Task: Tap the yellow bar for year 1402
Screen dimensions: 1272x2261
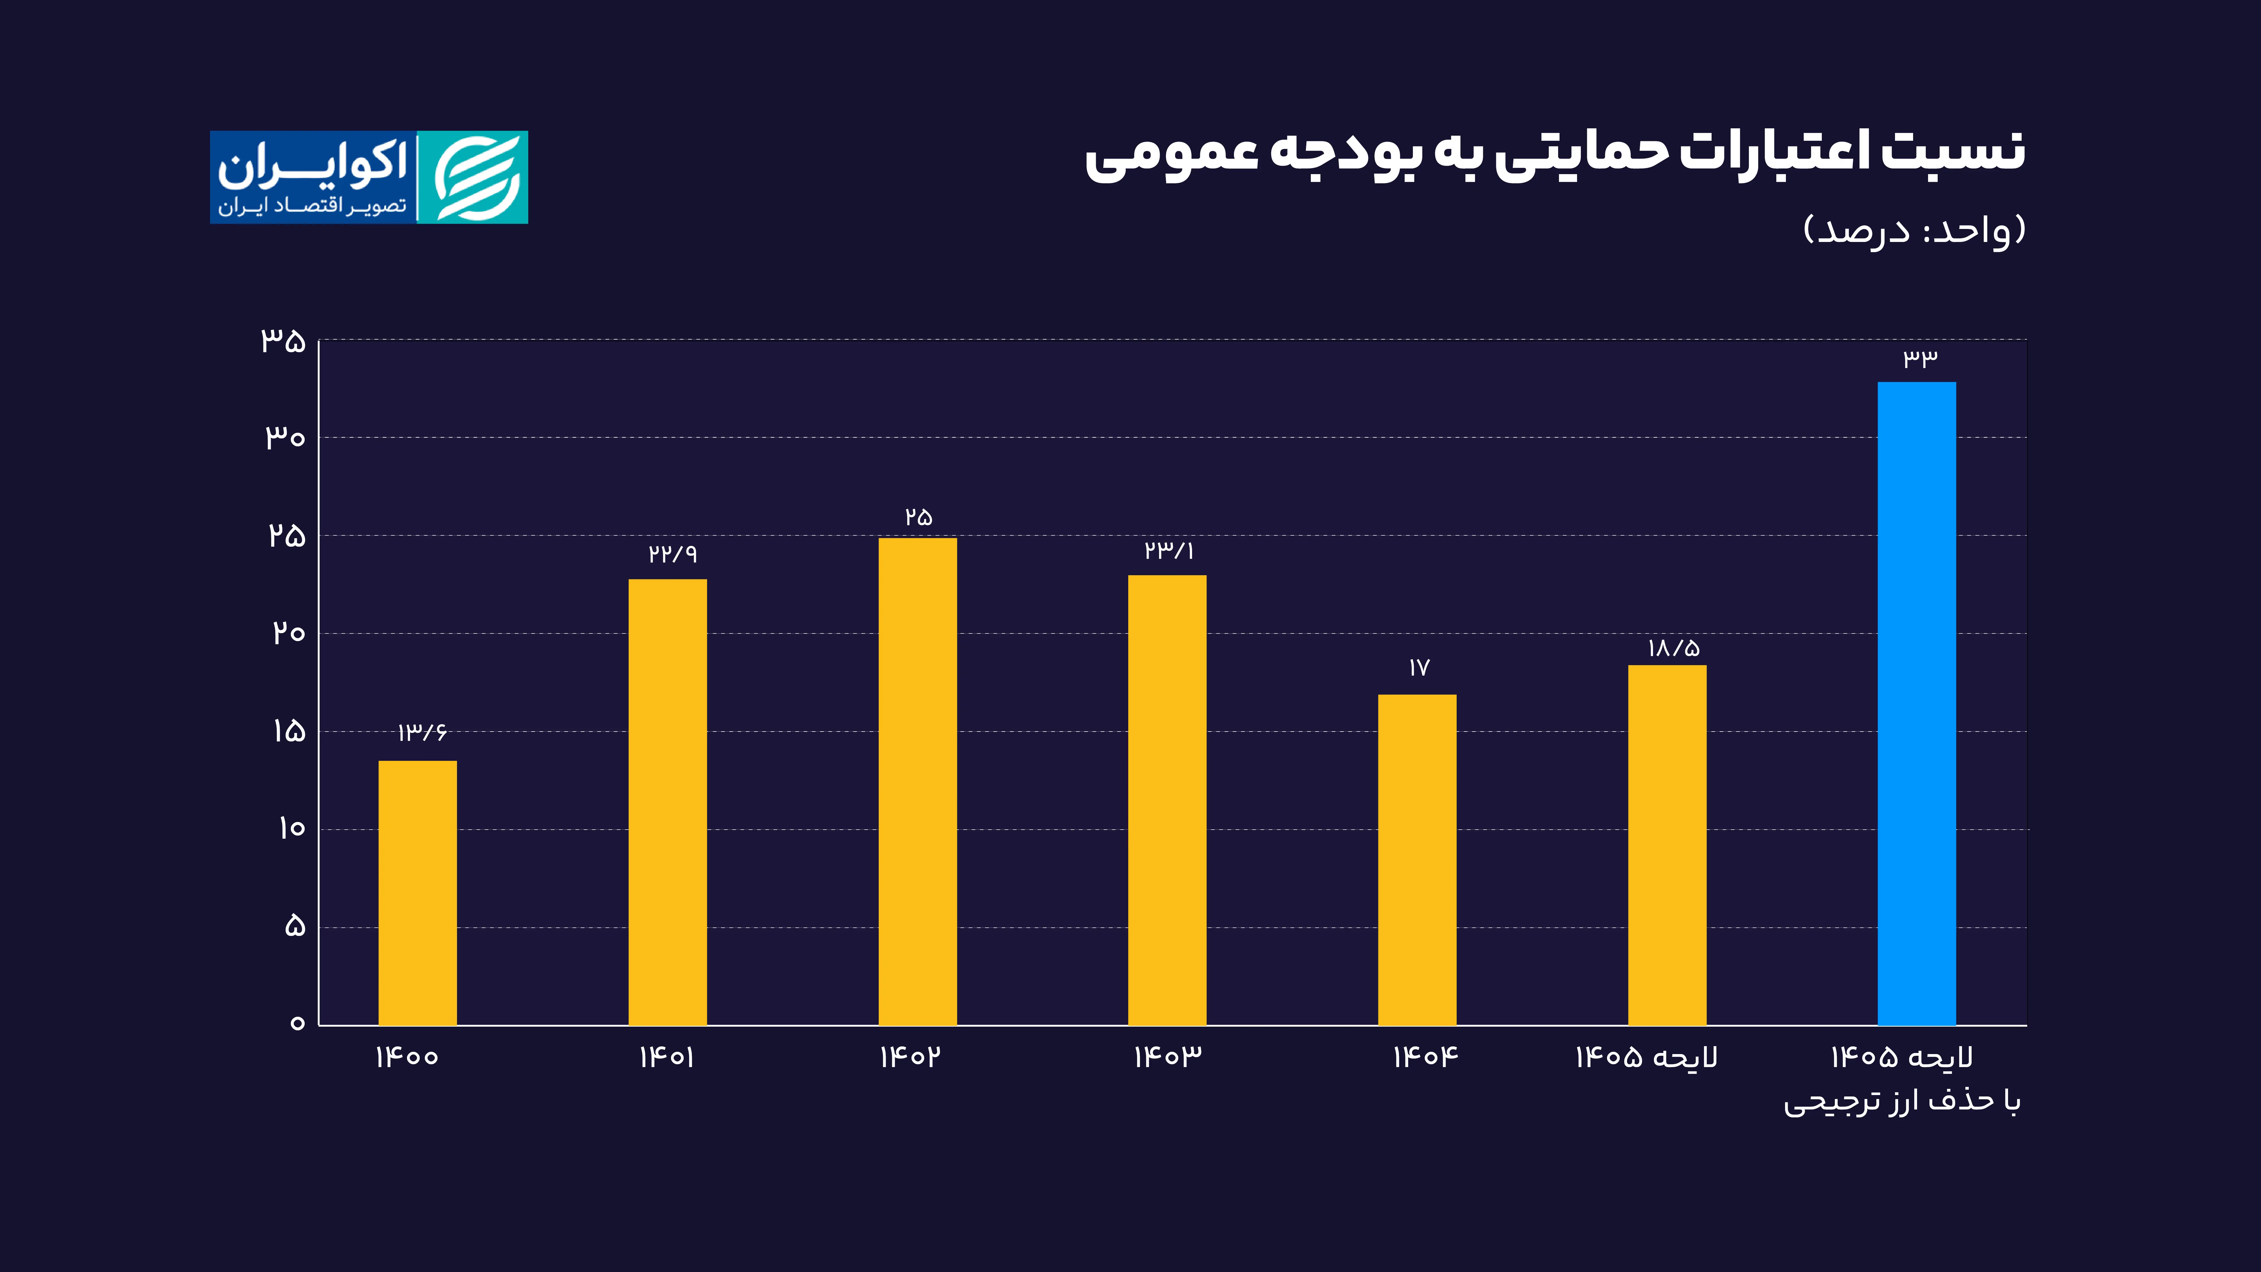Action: click(917, 781)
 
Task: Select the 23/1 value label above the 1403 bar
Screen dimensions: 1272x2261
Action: click(1168, 550)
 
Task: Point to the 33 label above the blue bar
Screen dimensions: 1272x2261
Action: click(1920, 357)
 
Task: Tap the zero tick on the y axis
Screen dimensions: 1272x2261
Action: click(298, 1023)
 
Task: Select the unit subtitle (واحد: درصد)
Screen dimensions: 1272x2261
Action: click(1913, 230)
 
